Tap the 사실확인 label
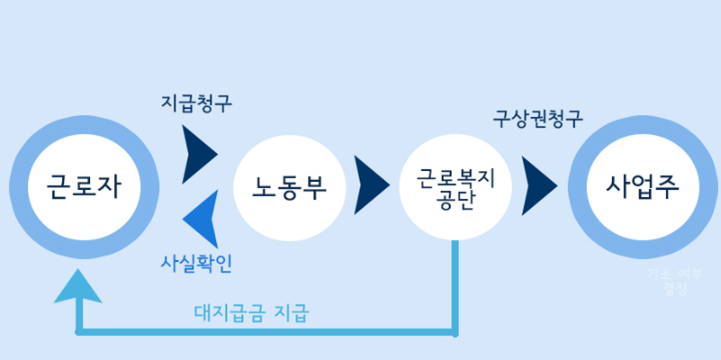[x=196, y=264]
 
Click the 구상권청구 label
[x=537, y=118]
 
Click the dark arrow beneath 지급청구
[x=200, y=154]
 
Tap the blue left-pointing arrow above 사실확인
[x=201, y=219]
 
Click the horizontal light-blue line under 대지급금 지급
[x=270, y=332]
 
